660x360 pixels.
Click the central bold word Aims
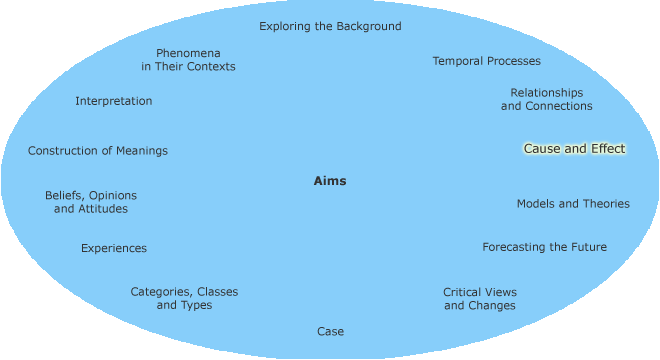[330, 181]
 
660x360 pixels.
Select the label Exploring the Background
[330, 26]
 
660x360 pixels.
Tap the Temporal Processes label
[486, 61]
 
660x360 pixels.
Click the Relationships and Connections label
[546, 99]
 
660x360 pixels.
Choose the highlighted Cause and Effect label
[574, 149]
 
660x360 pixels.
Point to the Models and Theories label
[573, 204]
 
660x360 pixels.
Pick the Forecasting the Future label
[544, 247]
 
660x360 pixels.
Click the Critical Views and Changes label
[480, 299]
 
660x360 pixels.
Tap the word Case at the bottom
[330, 331]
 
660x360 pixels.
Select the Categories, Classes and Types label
[184, 298]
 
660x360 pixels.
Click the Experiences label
[114, 248]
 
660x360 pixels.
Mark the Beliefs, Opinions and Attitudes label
[91, 202]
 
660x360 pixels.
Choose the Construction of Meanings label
[98, 151]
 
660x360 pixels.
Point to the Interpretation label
[114, 101]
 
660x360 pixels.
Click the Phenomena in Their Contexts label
[188, 59]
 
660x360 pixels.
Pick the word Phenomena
[188, 52]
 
